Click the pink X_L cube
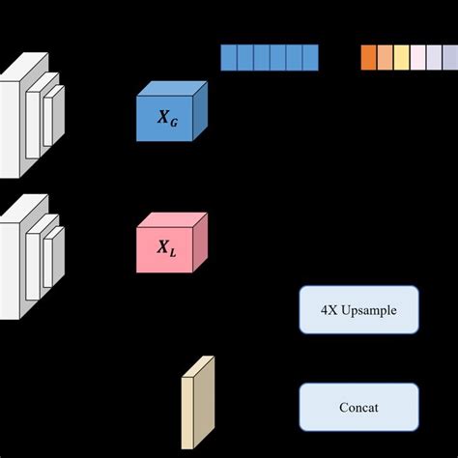point(171,245)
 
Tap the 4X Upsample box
point(358,310)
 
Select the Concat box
point(358,407)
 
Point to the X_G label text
point(167,120)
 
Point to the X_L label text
point(167,249)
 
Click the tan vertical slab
point(196,401)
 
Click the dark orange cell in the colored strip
point(368,58)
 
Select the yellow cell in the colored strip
point(401,58)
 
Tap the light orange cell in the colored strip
point(385,58)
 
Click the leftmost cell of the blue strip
point(228,58)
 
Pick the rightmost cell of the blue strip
point(309,58)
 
